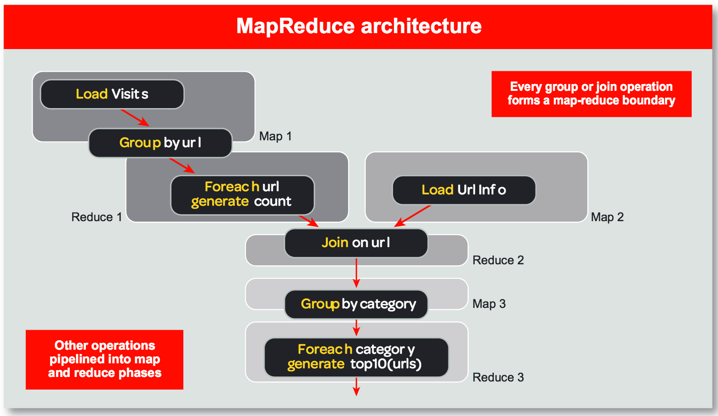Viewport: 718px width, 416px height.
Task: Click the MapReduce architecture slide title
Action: tap(359, 26)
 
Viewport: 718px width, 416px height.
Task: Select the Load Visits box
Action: tap(112, 94)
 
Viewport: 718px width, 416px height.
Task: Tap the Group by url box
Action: tap(160, 143)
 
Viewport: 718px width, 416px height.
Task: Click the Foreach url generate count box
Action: tap(242, 194)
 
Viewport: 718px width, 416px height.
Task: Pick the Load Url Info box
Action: tap(463, 190)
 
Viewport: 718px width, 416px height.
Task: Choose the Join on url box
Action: tap(356, 243)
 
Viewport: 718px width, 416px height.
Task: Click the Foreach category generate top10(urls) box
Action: tap(356, 357)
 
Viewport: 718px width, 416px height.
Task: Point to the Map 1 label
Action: tap(275, 136)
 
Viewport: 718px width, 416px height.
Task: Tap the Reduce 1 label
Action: tap(96, 217)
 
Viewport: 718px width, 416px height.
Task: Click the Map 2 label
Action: tap(607, 217)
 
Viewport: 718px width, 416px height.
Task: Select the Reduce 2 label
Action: tap(498, 260)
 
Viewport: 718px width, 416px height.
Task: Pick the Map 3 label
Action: tap(489, 304)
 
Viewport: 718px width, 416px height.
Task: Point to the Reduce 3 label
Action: tap(498, 377)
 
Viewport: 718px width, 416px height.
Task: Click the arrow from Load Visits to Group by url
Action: tap(135, 118)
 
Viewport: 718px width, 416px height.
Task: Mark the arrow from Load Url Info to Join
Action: tap(413, 216)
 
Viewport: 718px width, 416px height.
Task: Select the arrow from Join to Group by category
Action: tap(356, 272)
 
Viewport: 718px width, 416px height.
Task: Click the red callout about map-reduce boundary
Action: tap(591, 94)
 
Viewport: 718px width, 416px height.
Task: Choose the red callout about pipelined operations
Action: tap(104, 359)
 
